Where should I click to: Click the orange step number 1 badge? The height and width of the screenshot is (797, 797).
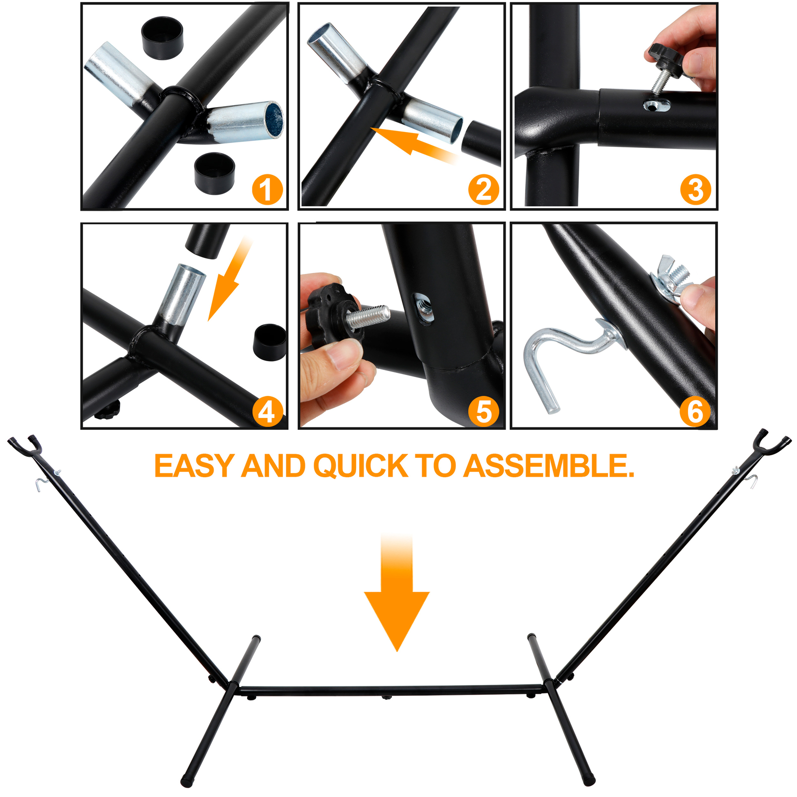(x=267, y=190)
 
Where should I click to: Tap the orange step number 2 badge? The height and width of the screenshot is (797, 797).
(x=484, y=190)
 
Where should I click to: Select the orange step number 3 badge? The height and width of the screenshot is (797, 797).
(x=695, y=190)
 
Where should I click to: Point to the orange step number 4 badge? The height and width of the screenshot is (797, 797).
(x=267, y=411)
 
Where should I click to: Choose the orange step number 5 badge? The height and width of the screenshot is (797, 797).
(x=484, y=411)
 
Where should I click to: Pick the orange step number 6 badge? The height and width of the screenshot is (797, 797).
(x=695, y=411)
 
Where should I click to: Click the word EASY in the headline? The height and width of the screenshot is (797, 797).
(x=194, y=466)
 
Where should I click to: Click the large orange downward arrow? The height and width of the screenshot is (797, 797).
(x=397, y=593)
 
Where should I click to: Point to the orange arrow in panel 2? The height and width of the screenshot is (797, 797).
(x=414, y=144)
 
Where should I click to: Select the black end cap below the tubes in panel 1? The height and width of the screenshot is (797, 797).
(x=214, y=173)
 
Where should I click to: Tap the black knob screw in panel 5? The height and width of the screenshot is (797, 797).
(x=344, y=316)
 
